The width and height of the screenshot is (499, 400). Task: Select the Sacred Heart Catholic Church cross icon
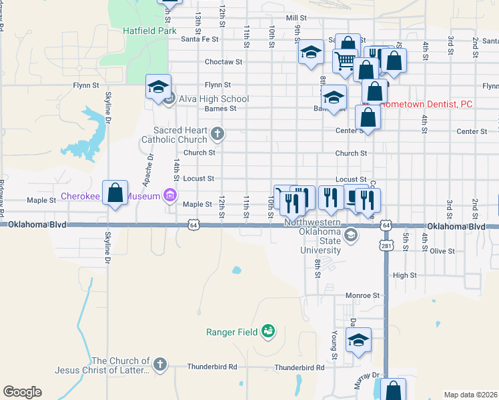tap(216, 135)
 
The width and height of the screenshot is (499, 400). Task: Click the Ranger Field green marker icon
tap(268, 331)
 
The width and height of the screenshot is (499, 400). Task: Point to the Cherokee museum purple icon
tap(170, 195)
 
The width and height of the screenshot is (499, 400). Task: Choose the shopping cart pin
tap(345, 61)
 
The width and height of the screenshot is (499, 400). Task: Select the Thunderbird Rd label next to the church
tap(212, 366)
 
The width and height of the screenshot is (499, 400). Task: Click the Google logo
tap(22, 392)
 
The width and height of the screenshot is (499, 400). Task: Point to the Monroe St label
tap(362, 295)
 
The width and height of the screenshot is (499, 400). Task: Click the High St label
tap(404, 275)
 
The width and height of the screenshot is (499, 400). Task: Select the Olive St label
tap(442, 251)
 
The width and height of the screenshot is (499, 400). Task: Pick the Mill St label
tap(296, 18)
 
